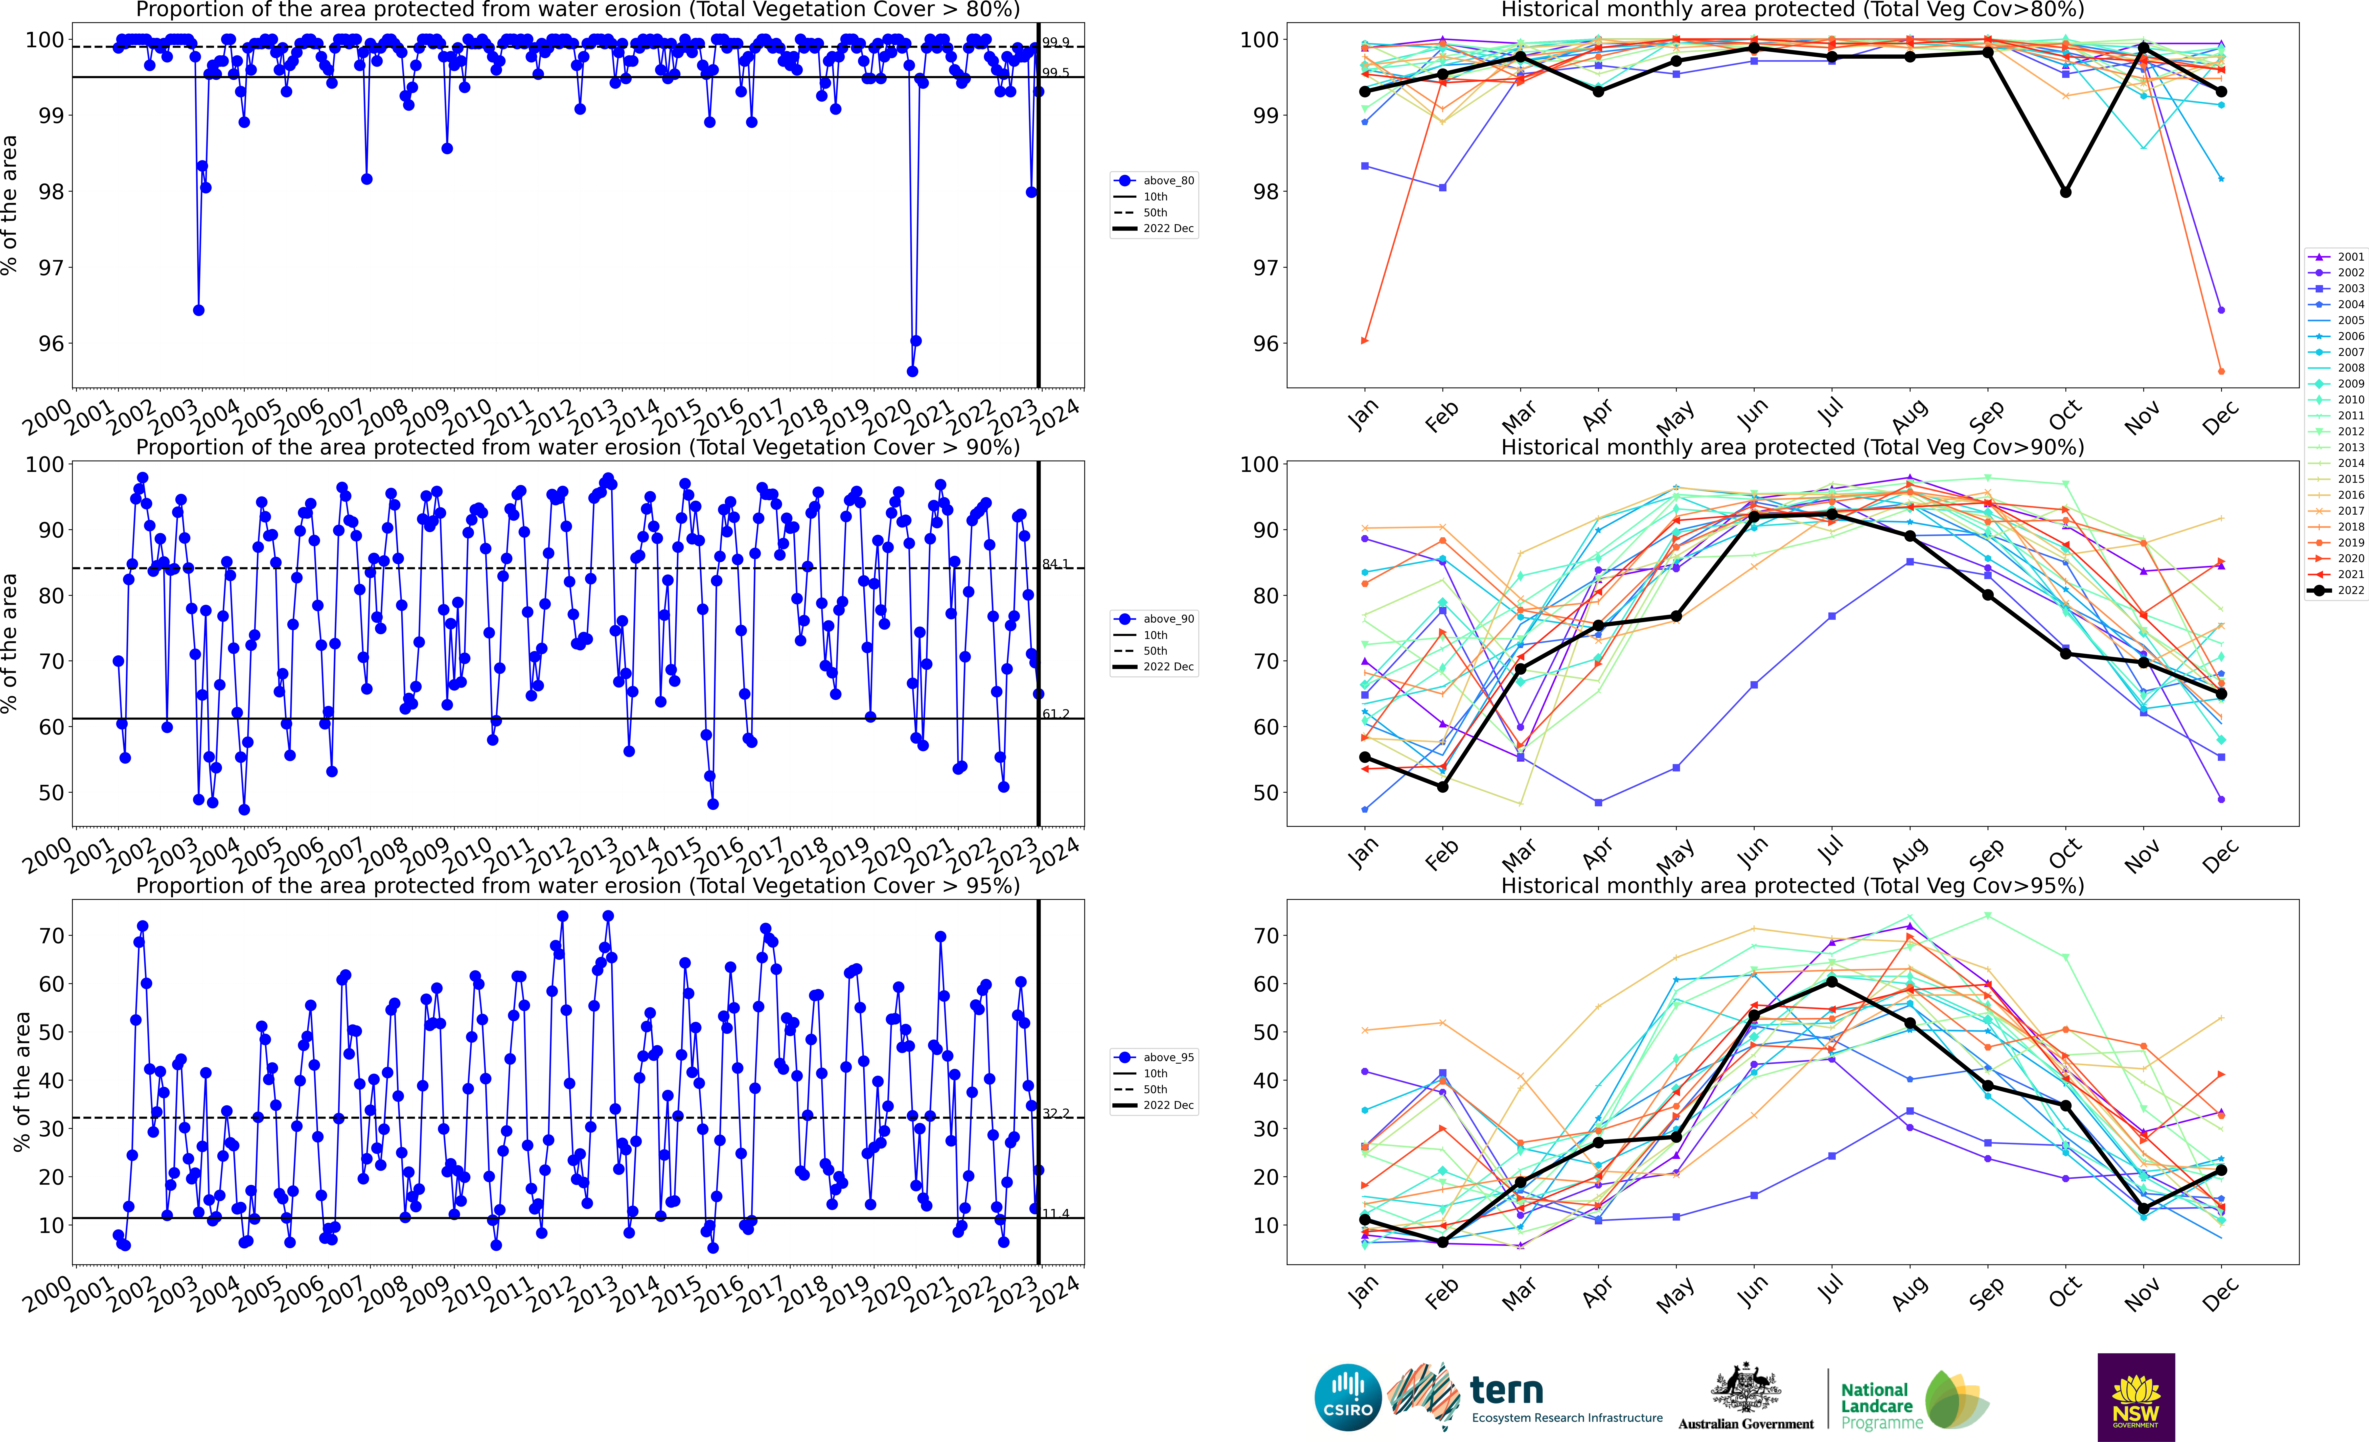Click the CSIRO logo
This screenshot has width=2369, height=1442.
(x=1348, y=1397)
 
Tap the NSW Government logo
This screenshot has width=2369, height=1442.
(x=2135, y=1397)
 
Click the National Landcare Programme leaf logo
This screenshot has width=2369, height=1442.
(x=1956, y=1400)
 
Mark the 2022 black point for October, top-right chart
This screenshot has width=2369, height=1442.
(x=2065, y=192)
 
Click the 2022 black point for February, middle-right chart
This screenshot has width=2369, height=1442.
(x=1442, y=786)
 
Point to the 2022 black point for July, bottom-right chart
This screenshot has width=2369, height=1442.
(x=1832, y=981)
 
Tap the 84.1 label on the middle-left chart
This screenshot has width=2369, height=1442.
(x=1056, y=564)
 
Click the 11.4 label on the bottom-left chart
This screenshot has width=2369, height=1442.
(x=1056, y=1213)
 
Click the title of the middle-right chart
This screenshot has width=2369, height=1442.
(x=1792, y=447)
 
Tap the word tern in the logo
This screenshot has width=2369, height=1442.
(x=1507, y=1390)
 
